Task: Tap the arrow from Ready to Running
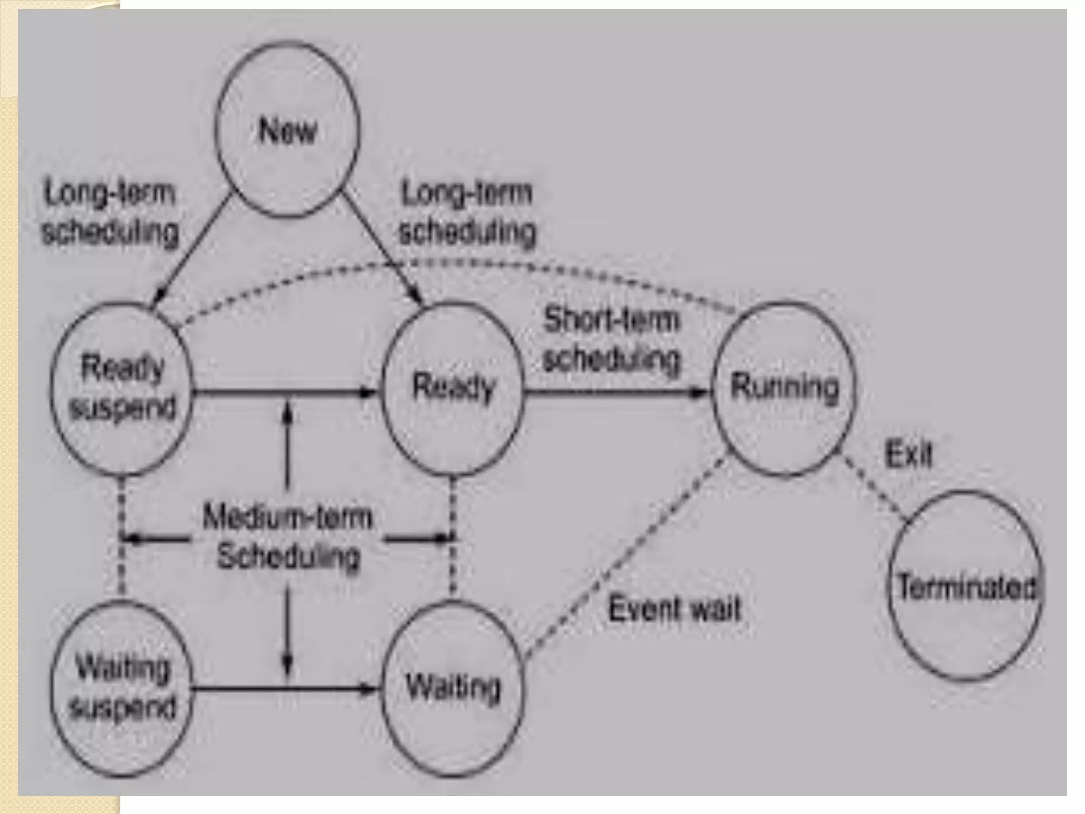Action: pos(615,393)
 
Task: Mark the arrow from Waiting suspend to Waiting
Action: pos(238,689)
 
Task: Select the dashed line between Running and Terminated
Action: pos(874,490)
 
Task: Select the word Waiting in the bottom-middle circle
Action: pos(453,687)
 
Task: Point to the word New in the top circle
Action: pos(288,130)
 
